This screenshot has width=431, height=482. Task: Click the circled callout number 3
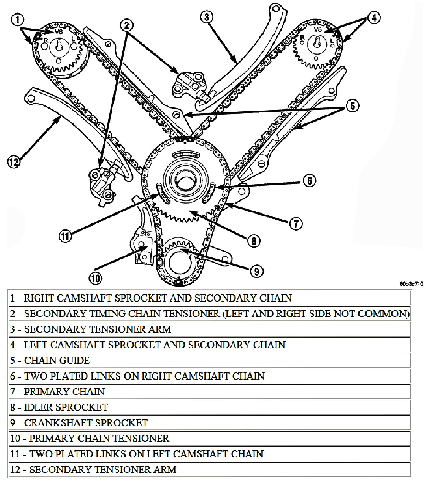point(207,17)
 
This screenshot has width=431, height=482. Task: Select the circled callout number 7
point(296,223)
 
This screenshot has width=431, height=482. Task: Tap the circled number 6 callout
point(309,181)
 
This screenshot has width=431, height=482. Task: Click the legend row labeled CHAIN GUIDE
point(57,360)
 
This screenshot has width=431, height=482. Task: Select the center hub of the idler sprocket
point(186,179)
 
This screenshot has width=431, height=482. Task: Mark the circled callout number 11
point(65,236)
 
